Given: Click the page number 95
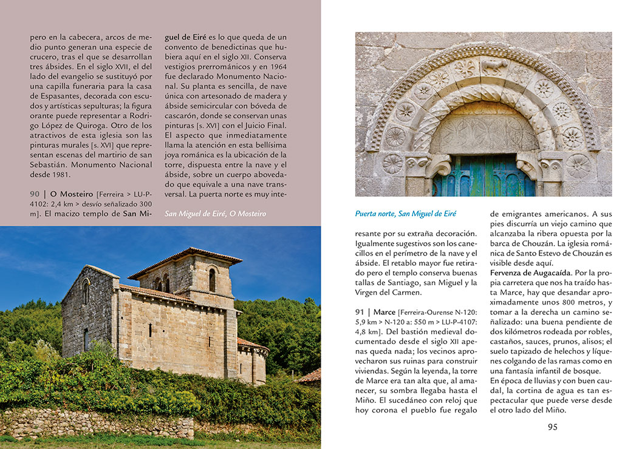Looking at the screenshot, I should click(x=552, y=427).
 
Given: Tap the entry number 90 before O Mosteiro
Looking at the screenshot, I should click(x=35, y=193).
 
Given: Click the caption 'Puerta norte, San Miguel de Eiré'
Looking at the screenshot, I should click(x=405, y=214).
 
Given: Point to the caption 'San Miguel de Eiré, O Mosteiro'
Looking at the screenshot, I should click(x=215, y=214).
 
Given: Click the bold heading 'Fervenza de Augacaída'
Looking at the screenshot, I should click(x=530, y=273).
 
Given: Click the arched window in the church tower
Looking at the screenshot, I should click(x=212, y=280).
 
